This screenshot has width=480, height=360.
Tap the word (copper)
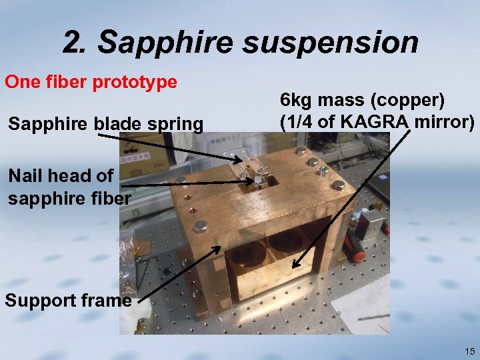[408, 101]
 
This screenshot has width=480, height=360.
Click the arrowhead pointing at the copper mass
[296, 265]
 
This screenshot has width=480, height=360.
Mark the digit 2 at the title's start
[73, 43]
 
